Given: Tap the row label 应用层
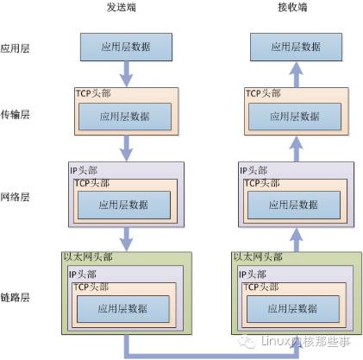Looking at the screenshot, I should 16,47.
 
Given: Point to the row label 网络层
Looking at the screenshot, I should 16,197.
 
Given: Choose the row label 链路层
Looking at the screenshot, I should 16,297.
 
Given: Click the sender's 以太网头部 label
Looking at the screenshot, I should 87,256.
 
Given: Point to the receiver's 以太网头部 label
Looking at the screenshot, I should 256,256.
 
